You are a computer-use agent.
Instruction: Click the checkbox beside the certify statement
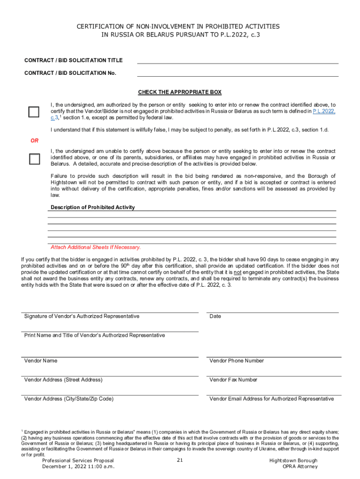click(x=34, y=112)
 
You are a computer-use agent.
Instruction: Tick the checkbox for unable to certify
click(x=34, y=159)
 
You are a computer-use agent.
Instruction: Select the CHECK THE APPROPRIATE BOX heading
click(x=180, y=92)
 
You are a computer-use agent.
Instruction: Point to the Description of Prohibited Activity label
click(x=93, y=207)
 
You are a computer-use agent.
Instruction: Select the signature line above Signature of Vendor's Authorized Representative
click(x=110, y=312)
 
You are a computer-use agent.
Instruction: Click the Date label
click(x=215, y=316)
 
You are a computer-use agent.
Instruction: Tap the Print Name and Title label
click(x=94, y=335)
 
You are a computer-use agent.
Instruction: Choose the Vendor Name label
click(x=41, y=361)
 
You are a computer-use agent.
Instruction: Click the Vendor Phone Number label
click(x=237, y=361)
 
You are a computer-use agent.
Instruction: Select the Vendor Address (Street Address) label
click(x=63, y=380)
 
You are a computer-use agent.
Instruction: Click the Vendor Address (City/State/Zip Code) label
click(x=69, y=399)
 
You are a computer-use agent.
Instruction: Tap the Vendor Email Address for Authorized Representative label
click(x=272, y=399)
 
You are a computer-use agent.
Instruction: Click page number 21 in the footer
click(x=180, y=460)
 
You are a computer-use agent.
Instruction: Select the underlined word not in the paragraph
click(x=238, y=272)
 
